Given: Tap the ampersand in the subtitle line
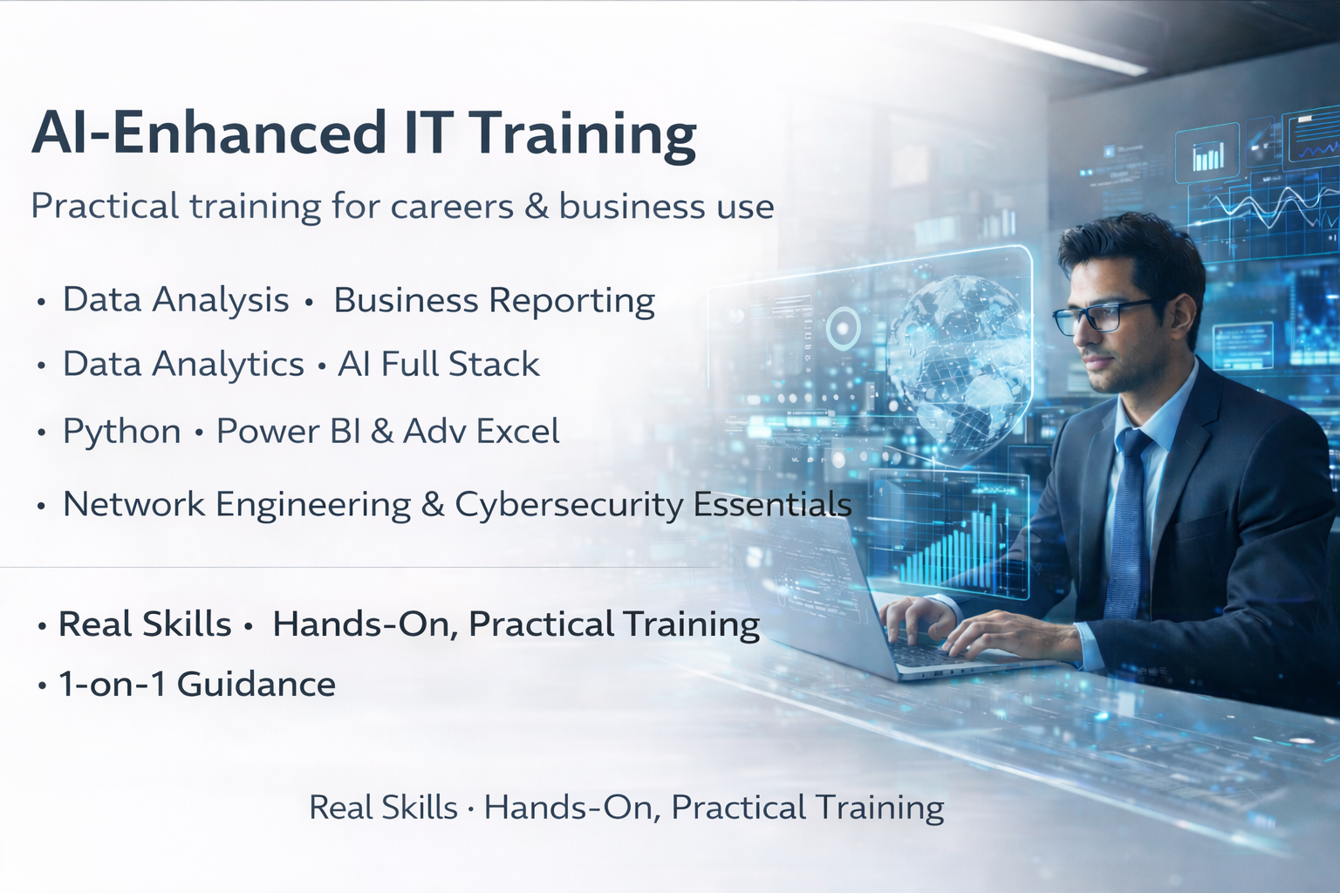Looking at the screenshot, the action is pyautogui.click(x=536, y=206).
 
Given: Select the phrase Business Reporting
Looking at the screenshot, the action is pyautogui.click(x=494, y=300).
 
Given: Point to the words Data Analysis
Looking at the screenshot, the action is pyautogui.click(x=176, y=299).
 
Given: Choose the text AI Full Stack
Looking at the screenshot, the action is pyautogui.click(x=439, y=364).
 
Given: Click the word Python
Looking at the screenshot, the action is pyautogui.click(x=121, y=432).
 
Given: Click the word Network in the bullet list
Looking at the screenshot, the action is pyautogui.click(x=134, y=504).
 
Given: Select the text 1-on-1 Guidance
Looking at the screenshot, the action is pyautogui.click(x=197, y=685).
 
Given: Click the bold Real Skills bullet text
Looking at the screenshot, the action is pyautogui.click(x=144, y=624).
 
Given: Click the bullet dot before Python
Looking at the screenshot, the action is pyautogui.click(x=41, y=432).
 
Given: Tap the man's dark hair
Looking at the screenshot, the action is pyautogui.click(x=1131, y=254).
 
